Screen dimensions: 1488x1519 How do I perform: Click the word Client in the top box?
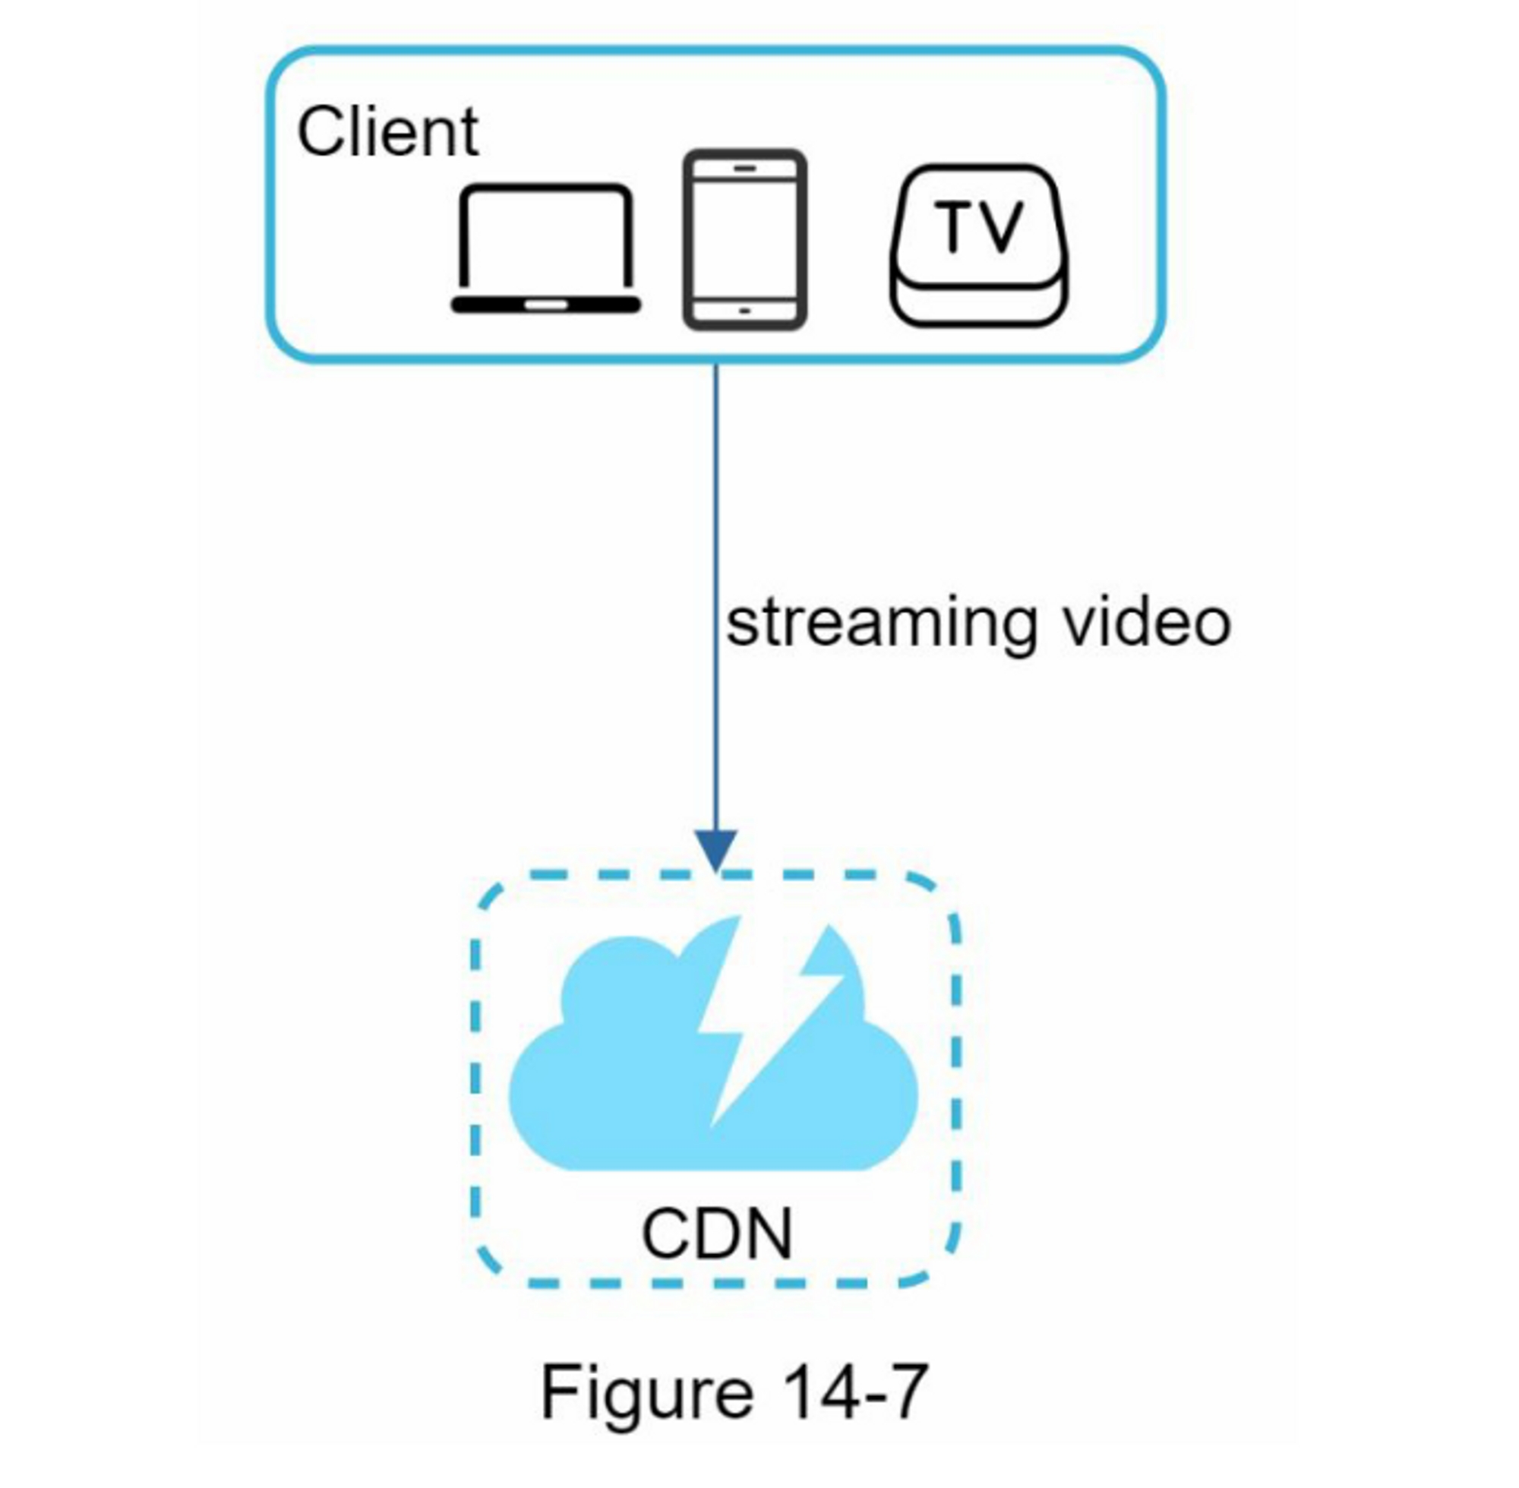pos(387,131)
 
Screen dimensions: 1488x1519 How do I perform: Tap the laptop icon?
pos(545,248)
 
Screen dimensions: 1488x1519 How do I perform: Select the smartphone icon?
pos(744,240)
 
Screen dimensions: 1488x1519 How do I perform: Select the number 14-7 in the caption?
pos(853,1392)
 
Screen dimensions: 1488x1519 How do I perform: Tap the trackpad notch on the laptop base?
pos(545,305)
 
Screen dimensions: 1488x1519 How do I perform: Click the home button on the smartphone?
pos(744,310)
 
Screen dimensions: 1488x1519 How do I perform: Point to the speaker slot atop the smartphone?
pos(744,168)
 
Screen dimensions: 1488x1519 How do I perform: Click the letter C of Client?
pos(321,131)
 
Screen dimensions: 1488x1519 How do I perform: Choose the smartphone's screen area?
pos(744,239)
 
